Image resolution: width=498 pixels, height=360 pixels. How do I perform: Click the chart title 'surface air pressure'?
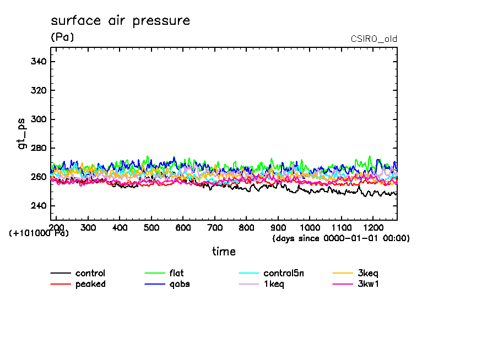point(120,21)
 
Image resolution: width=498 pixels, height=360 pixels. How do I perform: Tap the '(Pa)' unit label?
point(62,37)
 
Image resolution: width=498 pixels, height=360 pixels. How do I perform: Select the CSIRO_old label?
point(373,39)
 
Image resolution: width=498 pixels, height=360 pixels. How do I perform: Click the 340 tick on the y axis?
point(38,62)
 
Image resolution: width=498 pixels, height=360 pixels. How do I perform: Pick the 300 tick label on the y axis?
point(38,119)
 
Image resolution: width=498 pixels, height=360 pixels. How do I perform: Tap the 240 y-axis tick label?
point(38,206)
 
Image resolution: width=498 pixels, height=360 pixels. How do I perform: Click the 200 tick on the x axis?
point(57,227)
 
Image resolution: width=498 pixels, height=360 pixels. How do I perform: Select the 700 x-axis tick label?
point(215,227)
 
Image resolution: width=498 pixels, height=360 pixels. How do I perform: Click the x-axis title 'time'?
point(224,252)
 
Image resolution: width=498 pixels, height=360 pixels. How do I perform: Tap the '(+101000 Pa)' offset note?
point(39,233)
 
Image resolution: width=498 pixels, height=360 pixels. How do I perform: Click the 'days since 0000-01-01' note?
point(341,238)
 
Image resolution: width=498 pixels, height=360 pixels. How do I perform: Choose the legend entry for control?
point(90,274)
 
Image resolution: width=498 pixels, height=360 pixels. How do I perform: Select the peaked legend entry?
point(90,284)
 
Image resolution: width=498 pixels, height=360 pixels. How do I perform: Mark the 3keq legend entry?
point(368,274)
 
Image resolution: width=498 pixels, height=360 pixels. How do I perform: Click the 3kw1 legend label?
point(368,284)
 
